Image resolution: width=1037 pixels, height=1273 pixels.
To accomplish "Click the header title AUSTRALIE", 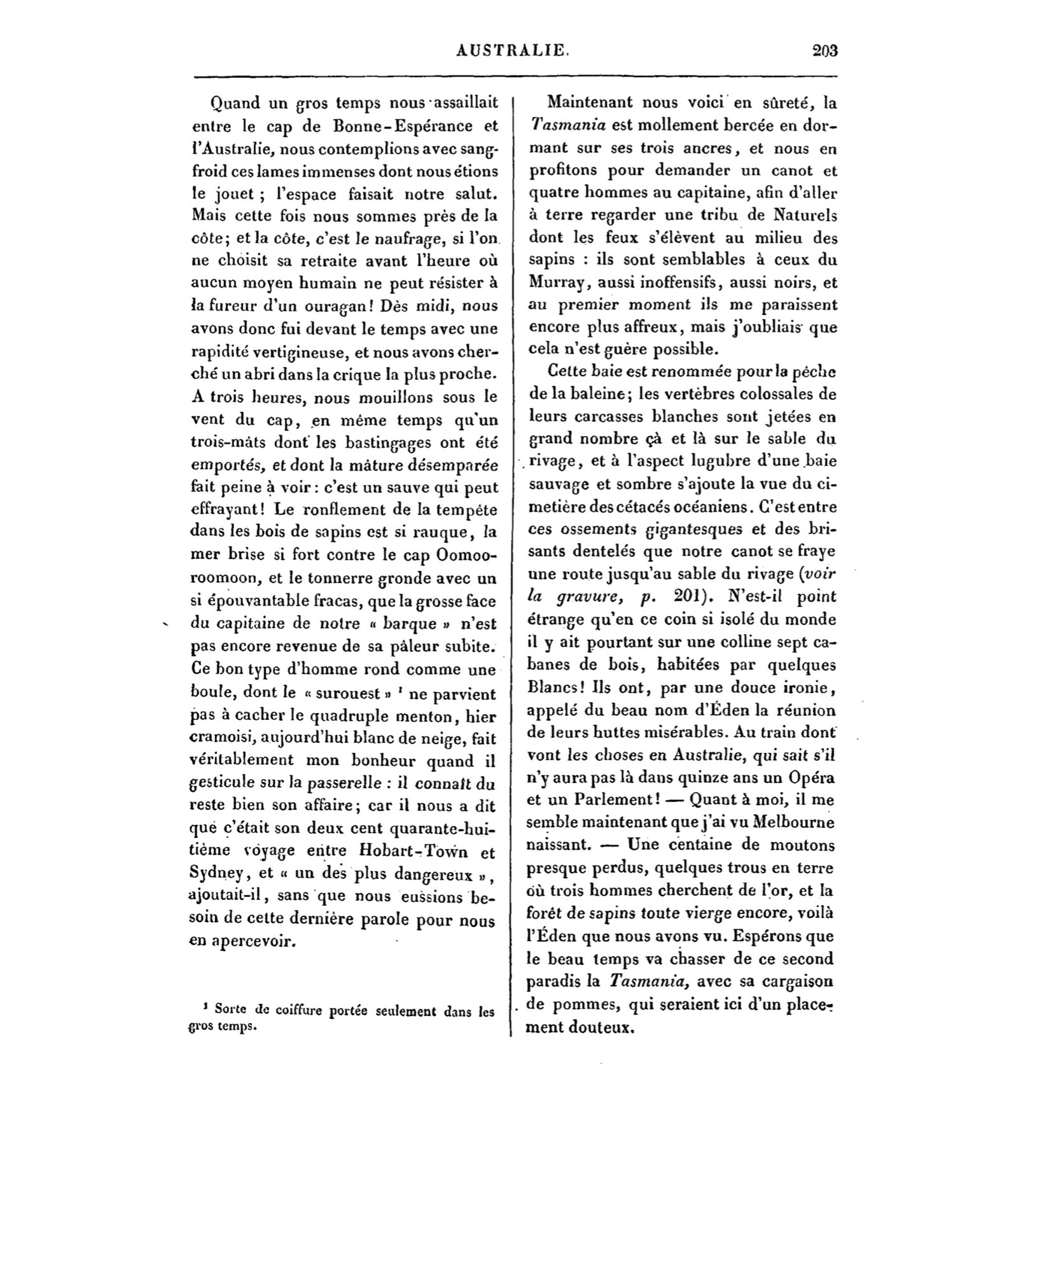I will tap(513, 51).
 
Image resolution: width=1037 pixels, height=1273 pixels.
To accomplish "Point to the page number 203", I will tap(825, 51).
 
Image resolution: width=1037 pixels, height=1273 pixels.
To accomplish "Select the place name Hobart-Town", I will tap(403, 852).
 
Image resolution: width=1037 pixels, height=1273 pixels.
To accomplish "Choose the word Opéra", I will tap(811, 778).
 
